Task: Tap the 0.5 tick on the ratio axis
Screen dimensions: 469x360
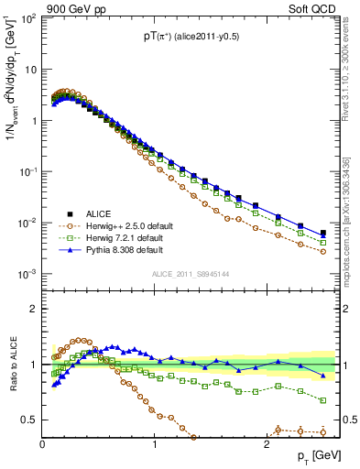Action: (31, 420)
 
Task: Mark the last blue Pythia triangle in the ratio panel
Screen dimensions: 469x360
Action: (322, 376)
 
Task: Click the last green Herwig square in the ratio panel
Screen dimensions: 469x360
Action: (322, 400)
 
